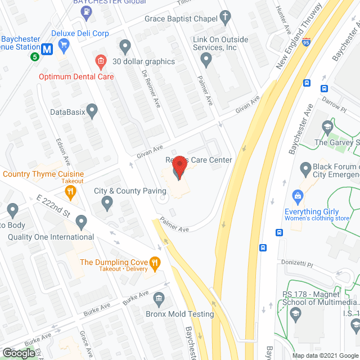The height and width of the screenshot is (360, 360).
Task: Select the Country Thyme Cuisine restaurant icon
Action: tap(70, 193)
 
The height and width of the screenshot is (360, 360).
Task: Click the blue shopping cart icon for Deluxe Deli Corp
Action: tap(64, 44)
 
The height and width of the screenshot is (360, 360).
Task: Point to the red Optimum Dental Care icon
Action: tap(101, 61)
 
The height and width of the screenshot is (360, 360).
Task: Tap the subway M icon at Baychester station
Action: tap(47, 49)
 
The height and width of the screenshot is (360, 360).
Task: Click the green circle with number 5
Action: tap(35, 56)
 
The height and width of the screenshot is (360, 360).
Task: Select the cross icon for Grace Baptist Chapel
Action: tap(226, 17)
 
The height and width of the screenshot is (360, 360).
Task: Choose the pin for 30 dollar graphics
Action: tap(125, 46)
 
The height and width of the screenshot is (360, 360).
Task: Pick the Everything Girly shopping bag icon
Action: tap(298, 195)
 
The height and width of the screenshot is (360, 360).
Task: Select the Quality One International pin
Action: tap(82, 222)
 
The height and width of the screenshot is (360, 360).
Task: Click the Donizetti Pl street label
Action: tap(297, 263)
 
